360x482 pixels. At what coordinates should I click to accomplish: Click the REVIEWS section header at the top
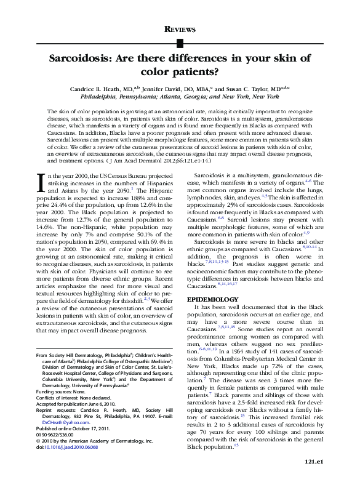180,29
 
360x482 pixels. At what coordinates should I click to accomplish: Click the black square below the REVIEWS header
180,42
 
